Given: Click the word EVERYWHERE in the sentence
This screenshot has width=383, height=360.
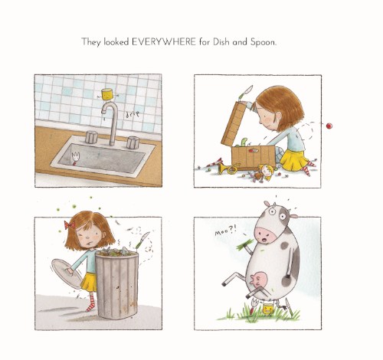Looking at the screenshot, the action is click(164, 41).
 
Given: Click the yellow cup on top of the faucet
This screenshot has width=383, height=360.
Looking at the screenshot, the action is click(107, 94).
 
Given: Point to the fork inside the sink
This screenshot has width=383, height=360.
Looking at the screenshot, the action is click(76, 159).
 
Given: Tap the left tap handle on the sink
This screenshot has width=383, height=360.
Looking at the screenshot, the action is click(91, 137).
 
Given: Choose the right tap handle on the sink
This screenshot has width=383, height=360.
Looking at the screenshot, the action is click(133, 142).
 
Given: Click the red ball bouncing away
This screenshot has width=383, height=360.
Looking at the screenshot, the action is click(329, 126).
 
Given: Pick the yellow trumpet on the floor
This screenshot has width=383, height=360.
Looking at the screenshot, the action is click(228, 169).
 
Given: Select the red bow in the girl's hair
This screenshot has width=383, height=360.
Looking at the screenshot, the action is click(70, 225).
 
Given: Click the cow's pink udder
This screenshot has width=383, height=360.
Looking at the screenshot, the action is click(258, 281).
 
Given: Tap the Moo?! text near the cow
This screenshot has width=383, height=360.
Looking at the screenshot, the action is click(225, 232).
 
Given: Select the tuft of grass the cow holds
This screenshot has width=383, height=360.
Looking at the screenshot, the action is click(244, 244).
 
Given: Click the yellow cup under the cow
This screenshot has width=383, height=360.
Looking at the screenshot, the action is click(268, 309).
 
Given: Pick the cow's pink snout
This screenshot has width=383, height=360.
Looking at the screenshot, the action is click(266, 236).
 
